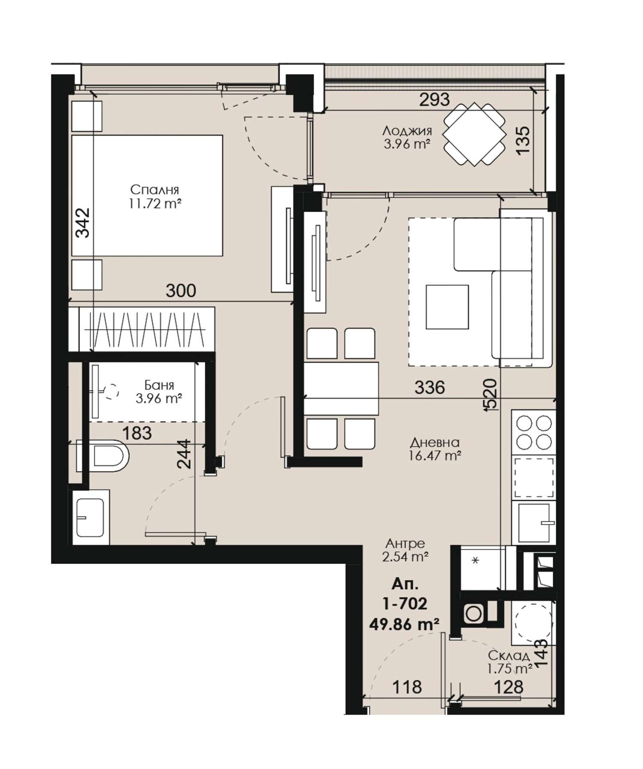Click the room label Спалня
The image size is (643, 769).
coord(154,189)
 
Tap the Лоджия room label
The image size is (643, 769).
coord(407,130)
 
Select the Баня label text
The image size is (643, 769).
coord(159,385)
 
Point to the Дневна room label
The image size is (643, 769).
coord(435,442)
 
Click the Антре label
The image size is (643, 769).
coord(405,544)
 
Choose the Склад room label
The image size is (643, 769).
coord(509,656)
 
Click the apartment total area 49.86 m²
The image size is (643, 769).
coord(404,623)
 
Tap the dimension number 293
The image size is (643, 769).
coord(434,100)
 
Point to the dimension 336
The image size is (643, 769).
coord(430,388)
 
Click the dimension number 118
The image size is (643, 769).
coord(407,687)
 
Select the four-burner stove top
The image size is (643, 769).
coord(534,432)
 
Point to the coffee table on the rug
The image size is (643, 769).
coord(447,307)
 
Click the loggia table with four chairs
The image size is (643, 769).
coord(474,134)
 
